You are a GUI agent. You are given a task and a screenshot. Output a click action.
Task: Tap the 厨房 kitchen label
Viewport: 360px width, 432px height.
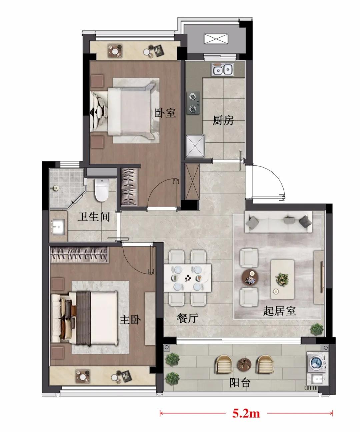(x=223, y=120)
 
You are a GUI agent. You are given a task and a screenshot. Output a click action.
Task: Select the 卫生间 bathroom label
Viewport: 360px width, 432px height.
(x=94, y=217)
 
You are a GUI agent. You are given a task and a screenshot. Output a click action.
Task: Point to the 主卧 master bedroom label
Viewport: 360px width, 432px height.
(x=130, y=320)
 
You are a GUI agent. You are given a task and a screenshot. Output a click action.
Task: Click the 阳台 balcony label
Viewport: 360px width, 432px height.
(x=240, y=382)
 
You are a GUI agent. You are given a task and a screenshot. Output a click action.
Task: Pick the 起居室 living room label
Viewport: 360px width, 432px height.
(x=279, y=311)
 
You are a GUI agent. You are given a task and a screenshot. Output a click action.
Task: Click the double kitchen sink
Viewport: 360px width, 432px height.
(x=222, y=69)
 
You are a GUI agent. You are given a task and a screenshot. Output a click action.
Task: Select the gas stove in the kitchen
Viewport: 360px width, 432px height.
(x=194, y=103)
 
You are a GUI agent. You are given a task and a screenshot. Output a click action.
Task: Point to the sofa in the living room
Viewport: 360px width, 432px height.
(x=278, y=222)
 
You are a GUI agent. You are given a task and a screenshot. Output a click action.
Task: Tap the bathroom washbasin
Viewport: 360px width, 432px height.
(x=58, y=227)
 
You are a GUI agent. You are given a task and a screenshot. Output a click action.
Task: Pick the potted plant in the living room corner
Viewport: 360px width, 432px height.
(x=317, y=330)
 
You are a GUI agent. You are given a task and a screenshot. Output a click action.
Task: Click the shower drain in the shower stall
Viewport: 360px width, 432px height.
(x=56, y=188)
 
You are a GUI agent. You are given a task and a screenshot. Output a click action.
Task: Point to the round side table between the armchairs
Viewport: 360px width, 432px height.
(x=250, y=277)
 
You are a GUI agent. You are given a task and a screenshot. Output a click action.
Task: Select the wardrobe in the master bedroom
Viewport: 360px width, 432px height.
(x=79, y=255)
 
